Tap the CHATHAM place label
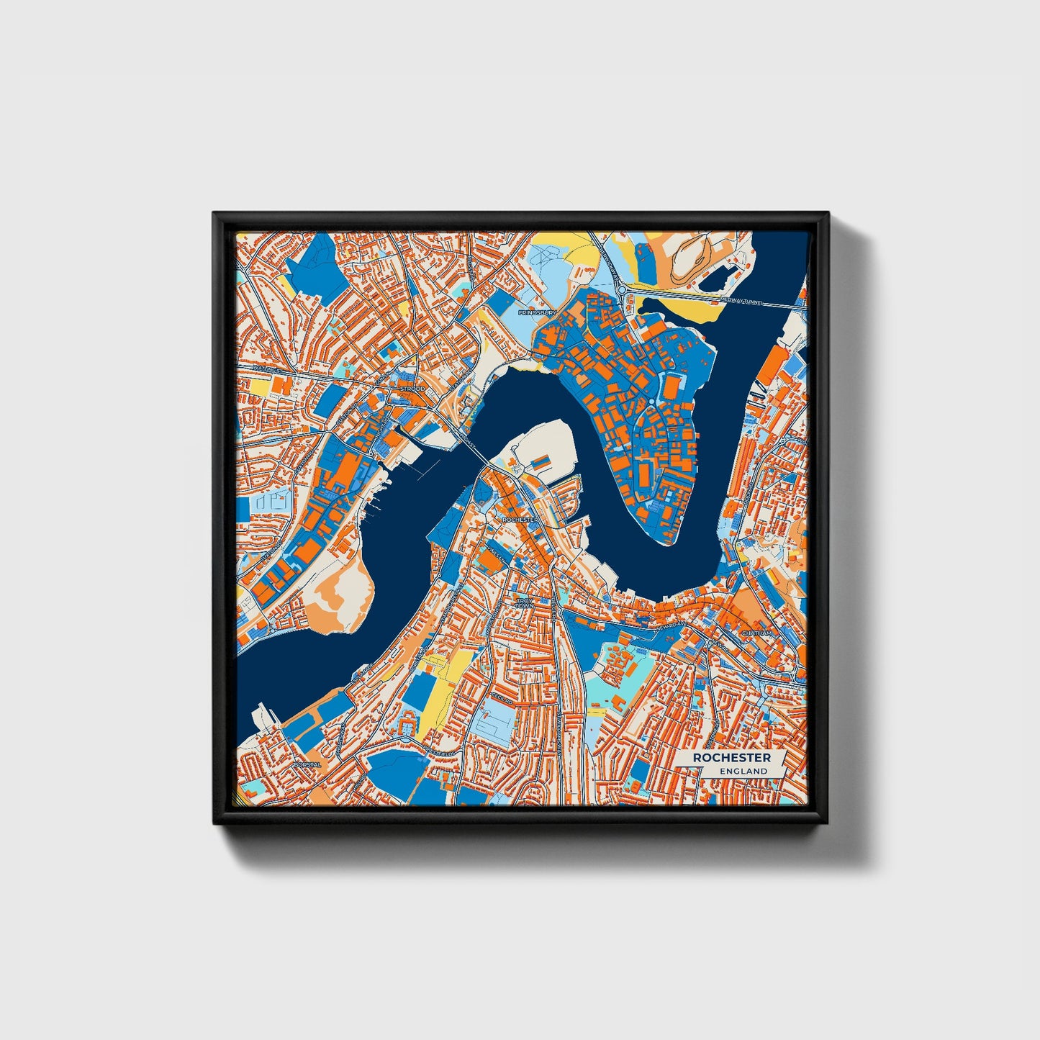(756, 633)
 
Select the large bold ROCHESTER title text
(732, 758)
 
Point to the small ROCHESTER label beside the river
(521, 519)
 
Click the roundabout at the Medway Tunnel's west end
(621, 289)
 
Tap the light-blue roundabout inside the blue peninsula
(651, 402)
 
